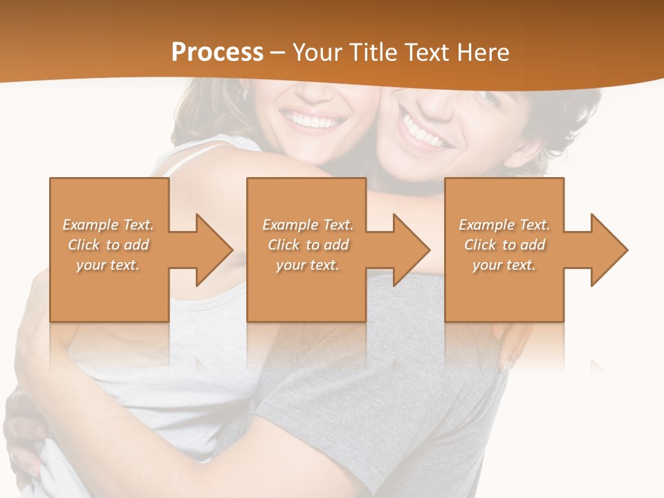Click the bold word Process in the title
[x=217, y=53]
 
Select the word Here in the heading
[x=483, y=53]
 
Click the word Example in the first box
[x=91, y=225]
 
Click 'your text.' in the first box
[x=108, y=265]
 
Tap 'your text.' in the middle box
[x=308, y=265]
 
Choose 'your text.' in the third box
[x=504, y=265]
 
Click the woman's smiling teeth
[x=316, y=122]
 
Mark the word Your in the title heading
[x=315, y=53]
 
